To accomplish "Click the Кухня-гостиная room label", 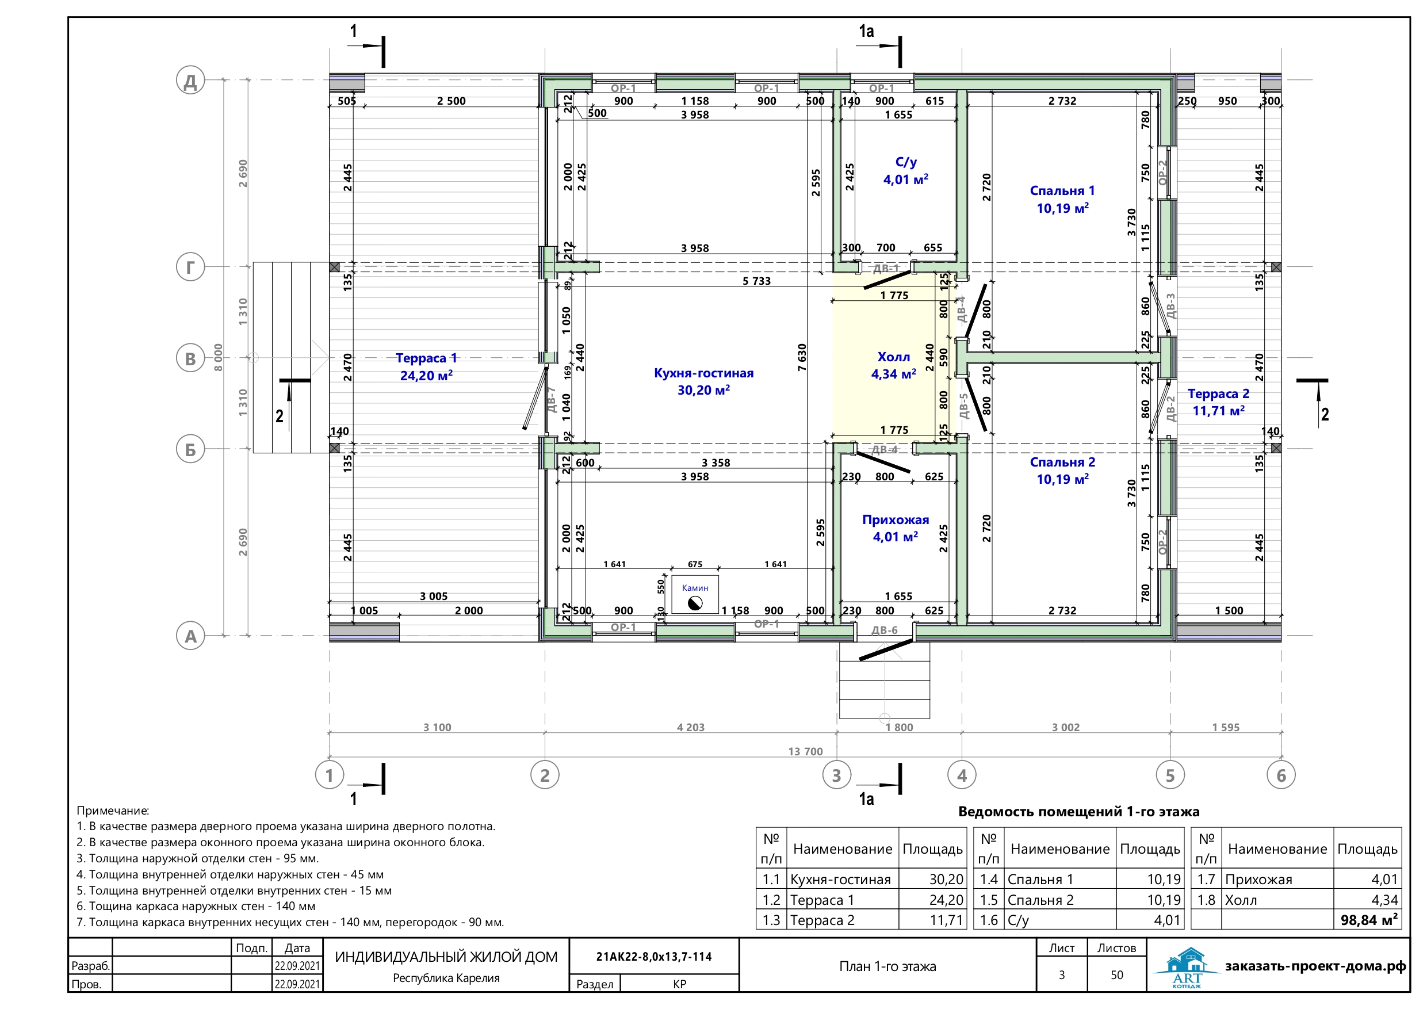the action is coord(703,373).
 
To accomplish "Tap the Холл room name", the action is coord(893,357).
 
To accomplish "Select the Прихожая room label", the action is coord(895,519).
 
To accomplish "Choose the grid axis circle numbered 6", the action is coord(1281,775).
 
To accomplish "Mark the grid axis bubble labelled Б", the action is coord(191,449).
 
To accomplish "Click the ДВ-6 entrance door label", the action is coord(884,630).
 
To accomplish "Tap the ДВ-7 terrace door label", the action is coord(550,399).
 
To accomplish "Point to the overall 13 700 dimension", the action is coord(805,752).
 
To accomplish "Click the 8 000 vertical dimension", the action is coord(218,357).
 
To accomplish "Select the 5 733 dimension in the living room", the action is coord(756,281).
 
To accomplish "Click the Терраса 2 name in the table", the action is coord(822,920).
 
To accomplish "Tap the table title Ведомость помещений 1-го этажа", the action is coord(1078,811).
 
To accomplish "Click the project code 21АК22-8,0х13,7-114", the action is coord(654,957).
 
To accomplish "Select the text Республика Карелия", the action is coord(446,978).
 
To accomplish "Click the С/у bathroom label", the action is coord(905,162).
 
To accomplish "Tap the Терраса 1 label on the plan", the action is coord(426,358).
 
